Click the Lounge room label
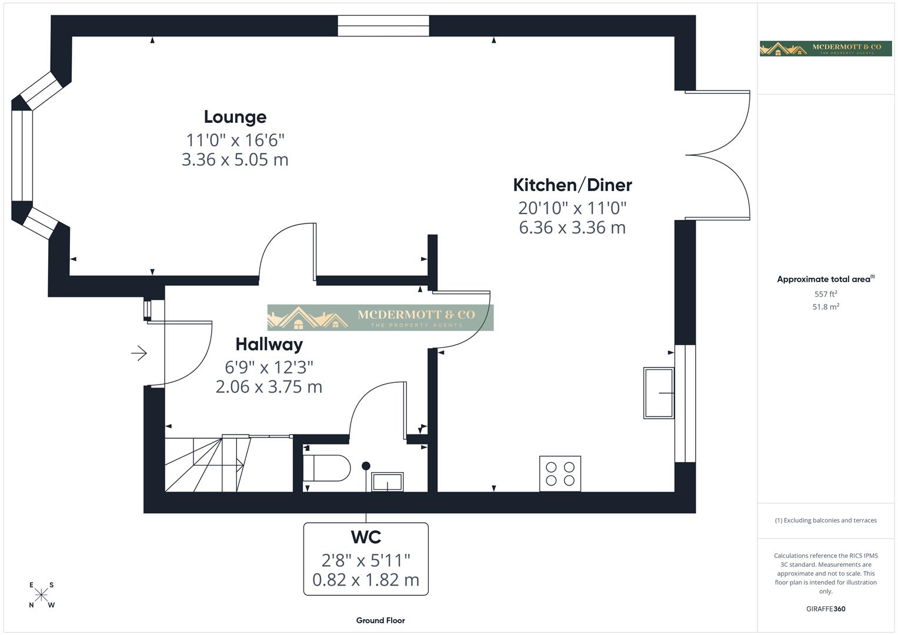pos(235,116)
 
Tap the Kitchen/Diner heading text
pos(572,185)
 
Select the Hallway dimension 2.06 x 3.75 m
pos(269,387)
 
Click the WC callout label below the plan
pos(366,537)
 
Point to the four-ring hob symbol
pos(560,474)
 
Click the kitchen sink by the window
pos(659,393)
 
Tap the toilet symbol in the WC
pos(326,468)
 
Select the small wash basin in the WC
pos(388,482)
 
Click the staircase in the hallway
pos(206,464)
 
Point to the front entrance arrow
pos(139,353)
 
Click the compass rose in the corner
pos(41,595)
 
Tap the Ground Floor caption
pos(380,620)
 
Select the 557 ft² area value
pos(826,294)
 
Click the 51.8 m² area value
pos(826,307)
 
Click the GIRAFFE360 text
pos(826,609)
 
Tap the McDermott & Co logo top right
pos(825,48)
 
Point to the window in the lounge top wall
pos(383,26)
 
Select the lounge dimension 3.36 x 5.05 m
pos(235,160)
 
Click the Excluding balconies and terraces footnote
pos(826,520)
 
